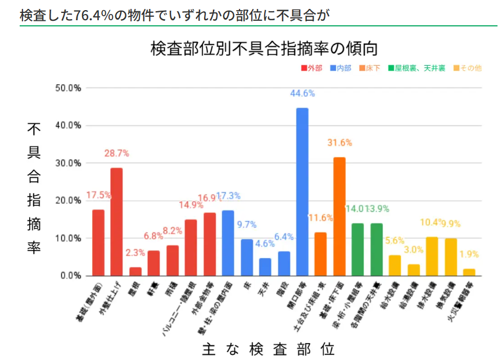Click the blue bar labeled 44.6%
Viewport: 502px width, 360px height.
click(302, 192)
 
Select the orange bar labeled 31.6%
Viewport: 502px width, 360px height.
click(339, 216)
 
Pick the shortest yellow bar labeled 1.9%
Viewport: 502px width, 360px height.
click(469, 272)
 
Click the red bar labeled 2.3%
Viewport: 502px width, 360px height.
click(135, 272)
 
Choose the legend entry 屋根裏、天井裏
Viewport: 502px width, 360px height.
click(419, 68)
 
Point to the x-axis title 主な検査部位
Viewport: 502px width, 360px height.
click(269, 349)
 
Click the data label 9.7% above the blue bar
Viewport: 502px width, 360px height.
click(246, 225)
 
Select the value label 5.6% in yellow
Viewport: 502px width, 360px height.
click(395, 240)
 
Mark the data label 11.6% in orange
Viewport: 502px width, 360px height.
click(320, 218)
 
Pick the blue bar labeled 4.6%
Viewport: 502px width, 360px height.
click(265, 267)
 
